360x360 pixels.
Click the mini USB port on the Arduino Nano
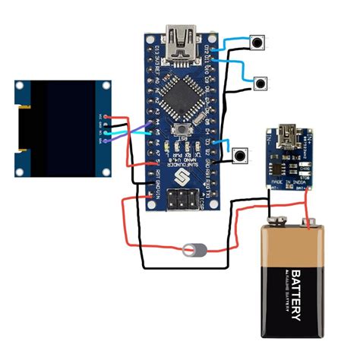pos(182,39)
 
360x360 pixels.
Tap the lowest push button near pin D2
pos(241,156)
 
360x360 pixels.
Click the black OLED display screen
pos(63,127)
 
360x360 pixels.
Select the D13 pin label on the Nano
pos(155,50)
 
